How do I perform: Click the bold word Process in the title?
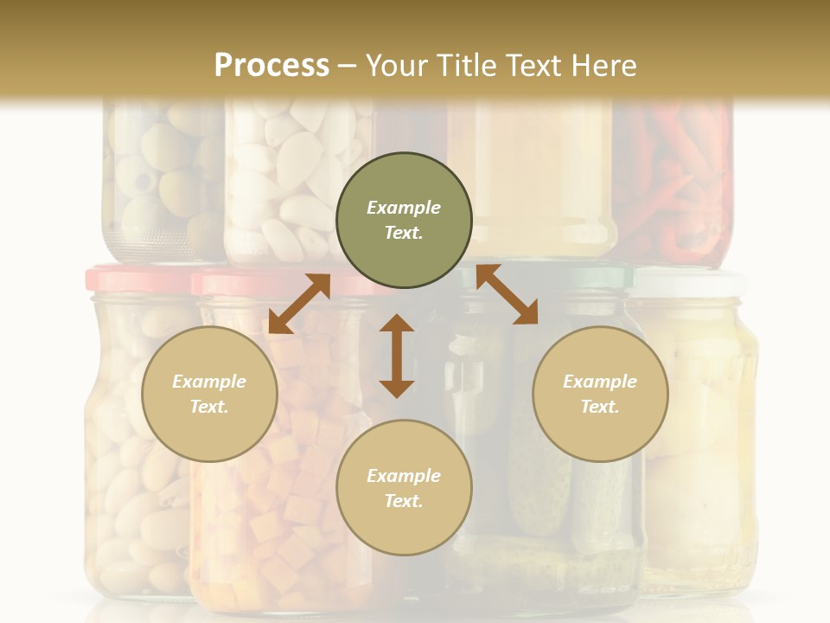coord(271,65)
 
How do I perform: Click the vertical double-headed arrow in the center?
coord(397,356)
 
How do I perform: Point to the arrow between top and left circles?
coord(299,304)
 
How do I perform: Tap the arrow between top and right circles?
coord(507,294)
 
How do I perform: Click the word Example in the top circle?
coord(404,208)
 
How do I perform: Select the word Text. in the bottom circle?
coord(404,501)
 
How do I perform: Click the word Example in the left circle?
coord(209,382)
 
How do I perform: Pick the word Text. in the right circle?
coord(600,407)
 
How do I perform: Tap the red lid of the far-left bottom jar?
coord(130,279)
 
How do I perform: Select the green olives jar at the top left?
coord(160,173)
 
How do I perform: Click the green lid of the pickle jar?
coord(597,275)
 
